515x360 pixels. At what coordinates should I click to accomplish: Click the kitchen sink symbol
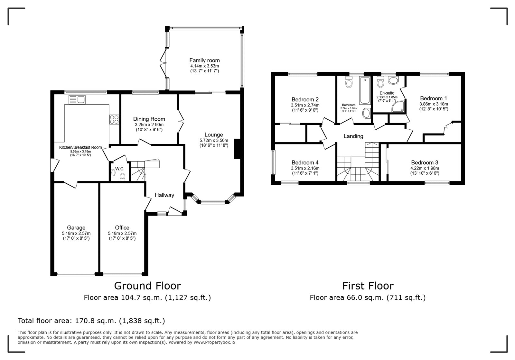pyautogui.click(x=77, y=100)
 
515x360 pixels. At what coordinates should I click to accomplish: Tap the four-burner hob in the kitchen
pyautogui.click(x=114, y=119)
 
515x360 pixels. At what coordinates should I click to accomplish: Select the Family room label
pyautogui.click(x=204, y=60)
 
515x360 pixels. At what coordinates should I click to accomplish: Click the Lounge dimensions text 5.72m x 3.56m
pyautogui.click(x=214, y=140)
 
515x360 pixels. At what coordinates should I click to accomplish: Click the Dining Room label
pyautogui.click(x=149, y=119)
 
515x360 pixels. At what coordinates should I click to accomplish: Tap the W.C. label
pyautogui.click(x=119, y=169)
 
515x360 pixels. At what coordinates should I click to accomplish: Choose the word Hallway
pyautogui.click(x=164, y=195)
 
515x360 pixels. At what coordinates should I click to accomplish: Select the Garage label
pyautogui.click(x=76, y=228)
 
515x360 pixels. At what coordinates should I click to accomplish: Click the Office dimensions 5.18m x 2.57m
pyautogui.click(x=122, y=234)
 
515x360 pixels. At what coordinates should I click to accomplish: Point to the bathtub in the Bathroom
pyautogui.click(x=365, y=91)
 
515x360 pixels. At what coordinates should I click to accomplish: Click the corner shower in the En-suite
pyautogui.click(x=398, y=106)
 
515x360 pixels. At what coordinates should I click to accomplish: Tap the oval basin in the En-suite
pyautogui.click(x=393, y=80)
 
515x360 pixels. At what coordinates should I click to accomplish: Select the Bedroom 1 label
pyautogui.click(x=433, y=98)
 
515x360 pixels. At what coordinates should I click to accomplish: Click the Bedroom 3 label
pyautogui.click(x=425, y=162)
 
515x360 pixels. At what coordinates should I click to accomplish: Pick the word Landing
pyautogui.click(x=353, y=136)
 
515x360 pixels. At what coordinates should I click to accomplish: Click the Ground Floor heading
pyautogui.click(x=147, y=286)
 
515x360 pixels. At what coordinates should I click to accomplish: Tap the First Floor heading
pyautogui.click(x=368, y=286)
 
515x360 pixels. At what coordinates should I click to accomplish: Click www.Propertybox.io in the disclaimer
pyautogui.click(x=214, y=342)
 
